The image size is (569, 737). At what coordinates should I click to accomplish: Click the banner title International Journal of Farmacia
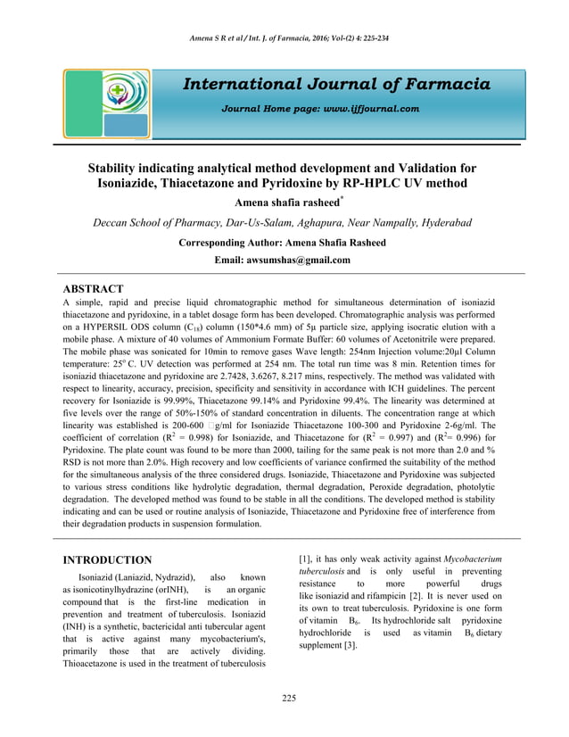(336, 85)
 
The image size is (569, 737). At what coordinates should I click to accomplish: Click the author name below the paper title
(282, 203)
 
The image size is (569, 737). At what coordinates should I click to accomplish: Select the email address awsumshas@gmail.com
(303, 260)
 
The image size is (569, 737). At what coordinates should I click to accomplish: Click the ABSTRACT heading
(93, 289)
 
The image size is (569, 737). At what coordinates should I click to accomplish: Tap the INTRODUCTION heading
(107, 559)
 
